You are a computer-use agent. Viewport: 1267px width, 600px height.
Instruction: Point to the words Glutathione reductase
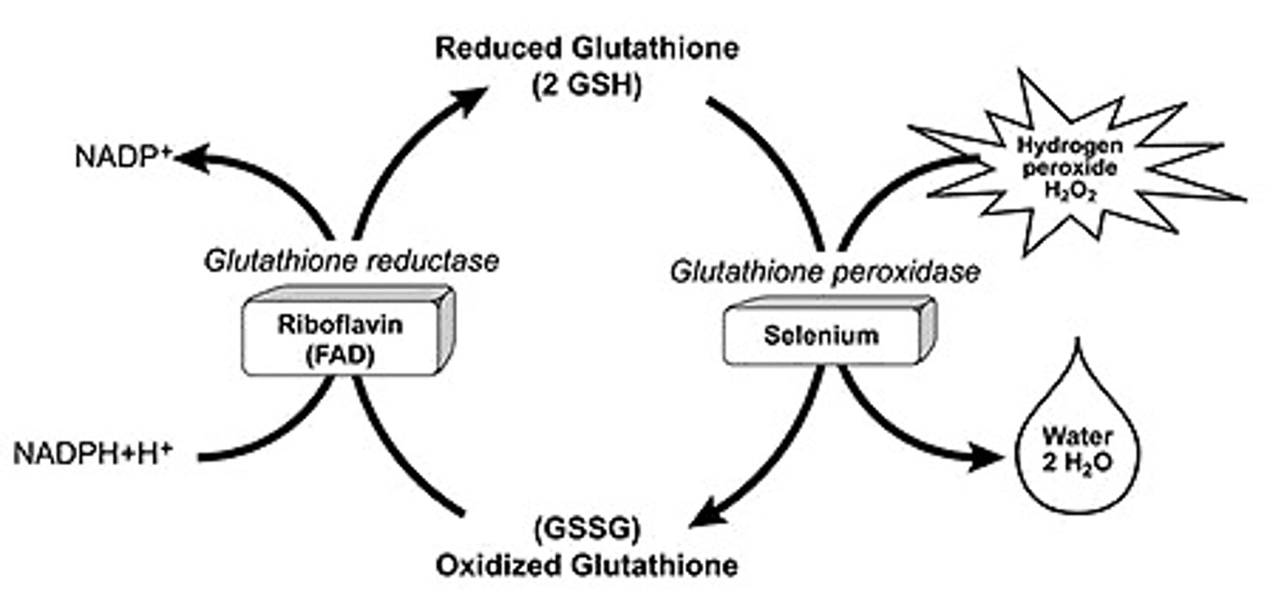point(351,261)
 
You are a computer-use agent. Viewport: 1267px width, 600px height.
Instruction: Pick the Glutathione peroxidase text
point(824,273)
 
